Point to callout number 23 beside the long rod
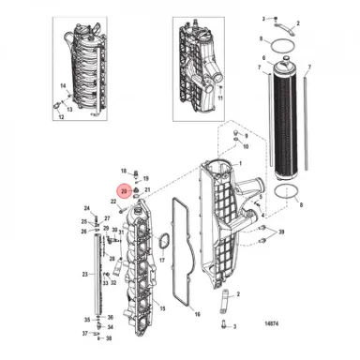pyautogui.click(x=83, y=275)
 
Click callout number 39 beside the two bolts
pyautogui.click(x=283, y=230)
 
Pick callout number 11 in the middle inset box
pyautogui.click(x=219, y=94)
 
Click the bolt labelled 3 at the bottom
pyautogui.click(x=226, y=325)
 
